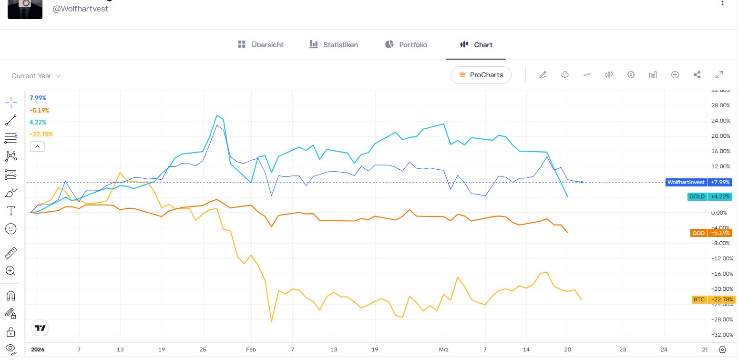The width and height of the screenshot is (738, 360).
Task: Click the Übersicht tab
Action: (260, 45)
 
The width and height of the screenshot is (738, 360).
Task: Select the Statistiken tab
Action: (334, 45)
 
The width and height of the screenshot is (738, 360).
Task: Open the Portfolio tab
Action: (406, 45)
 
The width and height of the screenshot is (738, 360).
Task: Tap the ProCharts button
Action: (481, 75)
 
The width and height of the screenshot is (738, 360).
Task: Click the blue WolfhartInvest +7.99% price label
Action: (698, 182)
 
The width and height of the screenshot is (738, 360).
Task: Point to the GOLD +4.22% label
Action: (709, 196)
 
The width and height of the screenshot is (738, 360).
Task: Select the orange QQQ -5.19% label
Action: (711, 233)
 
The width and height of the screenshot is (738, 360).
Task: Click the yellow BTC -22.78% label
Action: (711, 299)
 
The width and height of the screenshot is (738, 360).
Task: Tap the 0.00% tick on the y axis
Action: (720, 213)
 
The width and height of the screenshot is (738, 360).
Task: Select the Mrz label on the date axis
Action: (443, 349)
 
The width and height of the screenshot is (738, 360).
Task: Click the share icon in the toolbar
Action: (697, 75)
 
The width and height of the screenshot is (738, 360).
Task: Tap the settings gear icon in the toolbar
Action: (631, 75)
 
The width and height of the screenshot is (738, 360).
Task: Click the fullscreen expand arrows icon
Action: (719, 75)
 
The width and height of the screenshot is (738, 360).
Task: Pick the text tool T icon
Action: (11, 210)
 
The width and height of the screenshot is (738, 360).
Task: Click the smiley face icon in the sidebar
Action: (11, 229)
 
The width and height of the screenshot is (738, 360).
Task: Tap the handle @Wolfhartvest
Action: (81, 9)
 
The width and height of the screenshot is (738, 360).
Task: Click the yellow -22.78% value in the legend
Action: (41, 134)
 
